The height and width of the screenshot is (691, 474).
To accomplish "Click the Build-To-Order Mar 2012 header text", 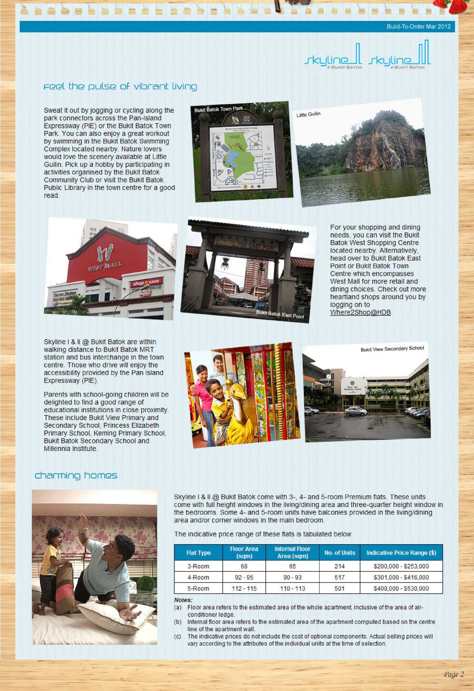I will click(418, 26).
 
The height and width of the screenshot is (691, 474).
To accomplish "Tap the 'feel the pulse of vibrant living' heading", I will click(120, 86).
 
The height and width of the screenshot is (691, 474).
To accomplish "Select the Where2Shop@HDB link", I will click(361, 312).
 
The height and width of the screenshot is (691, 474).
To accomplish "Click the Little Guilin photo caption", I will click(308, 114).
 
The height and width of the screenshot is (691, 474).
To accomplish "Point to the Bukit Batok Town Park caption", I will click(219, 109).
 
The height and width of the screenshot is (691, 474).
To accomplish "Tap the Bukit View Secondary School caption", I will click(392, 348).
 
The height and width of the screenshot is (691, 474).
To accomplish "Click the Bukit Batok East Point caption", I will click(280, 314).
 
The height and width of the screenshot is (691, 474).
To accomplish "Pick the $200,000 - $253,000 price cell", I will click(401, 566).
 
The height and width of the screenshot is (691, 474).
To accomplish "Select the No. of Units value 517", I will click(339, 577).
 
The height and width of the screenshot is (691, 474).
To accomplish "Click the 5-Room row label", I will click(198, 588).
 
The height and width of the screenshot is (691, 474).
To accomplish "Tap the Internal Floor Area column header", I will click(292, 552).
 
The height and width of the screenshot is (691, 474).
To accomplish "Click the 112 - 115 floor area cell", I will click(244, 588).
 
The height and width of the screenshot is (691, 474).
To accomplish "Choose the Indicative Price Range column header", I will click(401, 553).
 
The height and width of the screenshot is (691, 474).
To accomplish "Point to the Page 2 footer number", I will click(453, 674).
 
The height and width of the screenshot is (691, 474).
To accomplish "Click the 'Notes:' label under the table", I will click(183, 600).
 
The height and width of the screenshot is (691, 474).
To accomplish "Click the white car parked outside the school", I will click(355, 411).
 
